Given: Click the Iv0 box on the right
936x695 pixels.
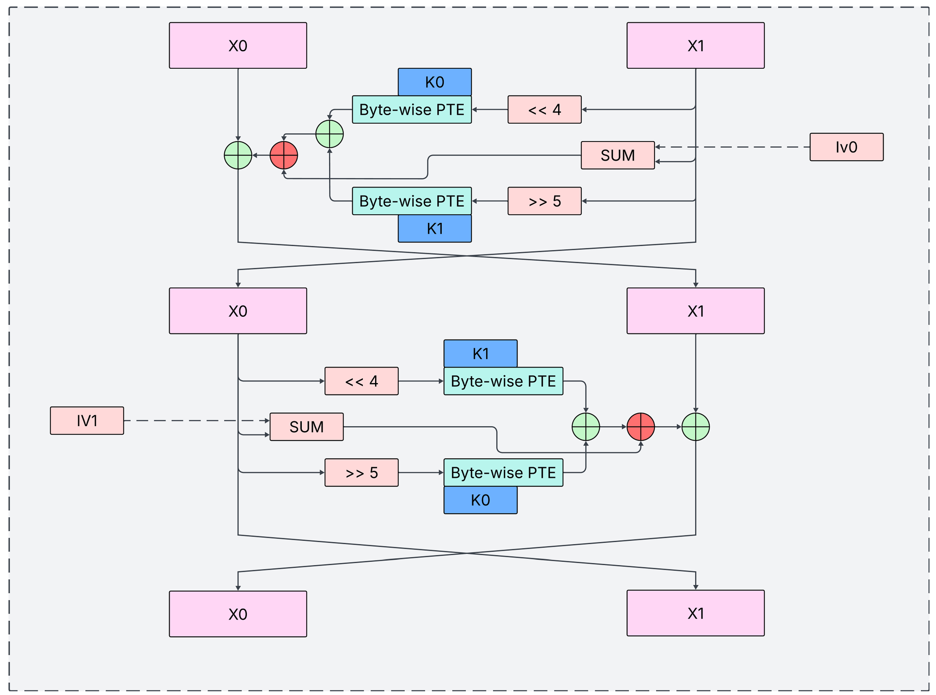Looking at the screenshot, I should click(x=846, y=147).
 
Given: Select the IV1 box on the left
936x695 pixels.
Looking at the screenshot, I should click(x=87, y=420).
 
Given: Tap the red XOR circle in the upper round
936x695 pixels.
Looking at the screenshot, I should click(x=284, y=155).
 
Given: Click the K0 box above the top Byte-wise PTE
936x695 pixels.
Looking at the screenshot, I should click(x=435, y=82).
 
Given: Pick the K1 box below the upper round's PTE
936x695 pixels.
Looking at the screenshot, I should click(x=435, y=228).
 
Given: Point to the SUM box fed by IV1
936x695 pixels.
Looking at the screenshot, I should click(x=306, y=427).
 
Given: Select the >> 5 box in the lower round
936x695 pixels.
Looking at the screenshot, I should click(x=361, y=472).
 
